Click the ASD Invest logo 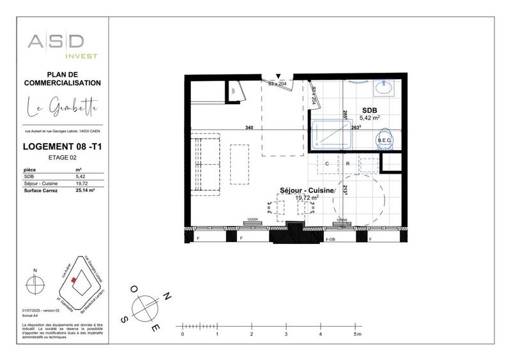tap(63, 45)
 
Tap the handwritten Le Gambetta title tap(63, 108)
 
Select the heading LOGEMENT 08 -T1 tap(63, 147)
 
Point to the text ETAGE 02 tap(63, 156)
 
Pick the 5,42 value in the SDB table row tap(80, 176)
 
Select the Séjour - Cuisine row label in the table tap(41, 183)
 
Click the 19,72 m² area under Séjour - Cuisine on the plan tap(307, 198)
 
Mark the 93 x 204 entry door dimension tap(277, 84)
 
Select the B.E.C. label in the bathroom tap(385, 140)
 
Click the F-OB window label tap(331, 239)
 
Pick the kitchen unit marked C tap(327, 164)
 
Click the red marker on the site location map tap(74, 280)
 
